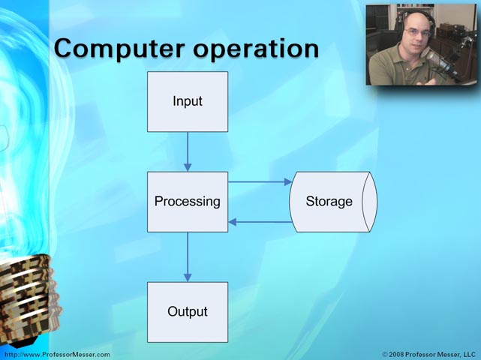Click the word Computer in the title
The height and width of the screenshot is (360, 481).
click(119, 49)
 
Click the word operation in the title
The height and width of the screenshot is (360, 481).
click(256, 49)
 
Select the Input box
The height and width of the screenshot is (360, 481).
click(188, 102)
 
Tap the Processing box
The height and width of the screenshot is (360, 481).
click(188, 202)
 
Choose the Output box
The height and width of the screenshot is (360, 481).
click(188, 312)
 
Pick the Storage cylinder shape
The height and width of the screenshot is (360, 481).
click(333, 202)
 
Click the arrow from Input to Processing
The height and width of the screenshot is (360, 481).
click(188, 151)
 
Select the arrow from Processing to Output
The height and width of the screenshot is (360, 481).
click(188, 257)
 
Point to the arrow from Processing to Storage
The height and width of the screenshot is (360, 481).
click(260, 181)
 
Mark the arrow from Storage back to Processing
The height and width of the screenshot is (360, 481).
click(260, 222)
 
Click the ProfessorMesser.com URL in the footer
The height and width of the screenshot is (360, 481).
click(57, 355)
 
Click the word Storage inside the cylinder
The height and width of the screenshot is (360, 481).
click(329, 202)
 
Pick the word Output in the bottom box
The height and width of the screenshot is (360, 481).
click(188, 311)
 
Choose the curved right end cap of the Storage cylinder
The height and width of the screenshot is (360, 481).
click(370, 202)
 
